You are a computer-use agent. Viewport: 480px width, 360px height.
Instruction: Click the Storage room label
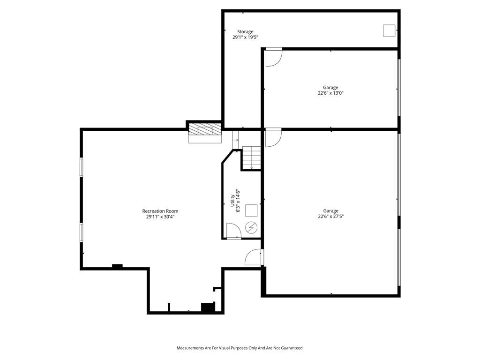[245, 32]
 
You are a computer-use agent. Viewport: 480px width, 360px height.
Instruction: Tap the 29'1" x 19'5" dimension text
[245, 37]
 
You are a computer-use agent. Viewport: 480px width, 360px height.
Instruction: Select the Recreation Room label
[160, 211]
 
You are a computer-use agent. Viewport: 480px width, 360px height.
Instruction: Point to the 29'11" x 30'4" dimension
[160, 217]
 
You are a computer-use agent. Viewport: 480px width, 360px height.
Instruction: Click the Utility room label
[232, 201]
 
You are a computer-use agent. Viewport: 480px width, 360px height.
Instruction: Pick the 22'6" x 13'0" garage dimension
[330, 93]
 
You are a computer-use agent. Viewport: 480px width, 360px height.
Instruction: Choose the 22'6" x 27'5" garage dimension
[330, 217]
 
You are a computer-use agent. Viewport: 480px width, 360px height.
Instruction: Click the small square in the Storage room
[389, 30]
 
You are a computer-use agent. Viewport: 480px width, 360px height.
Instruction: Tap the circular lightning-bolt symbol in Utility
[251, 227]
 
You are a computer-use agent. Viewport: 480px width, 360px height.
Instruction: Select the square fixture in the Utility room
[251, 210]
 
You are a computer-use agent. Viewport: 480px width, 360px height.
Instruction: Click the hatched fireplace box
[205, 129]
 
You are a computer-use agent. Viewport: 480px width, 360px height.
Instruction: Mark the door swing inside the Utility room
[234, 231]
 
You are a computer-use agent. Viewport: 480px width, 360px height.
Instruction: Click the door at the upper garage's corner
[274, 57]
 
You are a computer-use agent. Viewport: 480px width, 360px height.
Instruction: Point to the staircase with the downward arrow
[252, 157]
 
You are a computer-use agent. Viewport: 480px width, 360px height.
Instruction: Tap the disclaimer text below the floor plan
[240, 348]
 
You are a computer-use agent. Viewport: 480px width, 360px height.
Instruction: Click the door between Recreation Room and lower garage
[254, 257]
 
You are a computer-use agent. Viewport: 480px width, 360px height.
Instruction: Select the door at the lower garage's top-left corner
[273, 138]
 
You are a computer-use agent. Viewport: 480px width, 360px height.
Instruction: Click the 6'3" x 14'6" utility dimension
[238, 201]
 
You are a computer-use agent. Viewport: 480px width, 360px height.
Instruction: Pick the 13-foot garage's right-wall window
[399, 88]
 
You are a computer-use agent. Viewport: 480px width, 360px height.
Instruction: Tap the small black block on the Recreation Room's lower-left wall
[117, 266]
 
